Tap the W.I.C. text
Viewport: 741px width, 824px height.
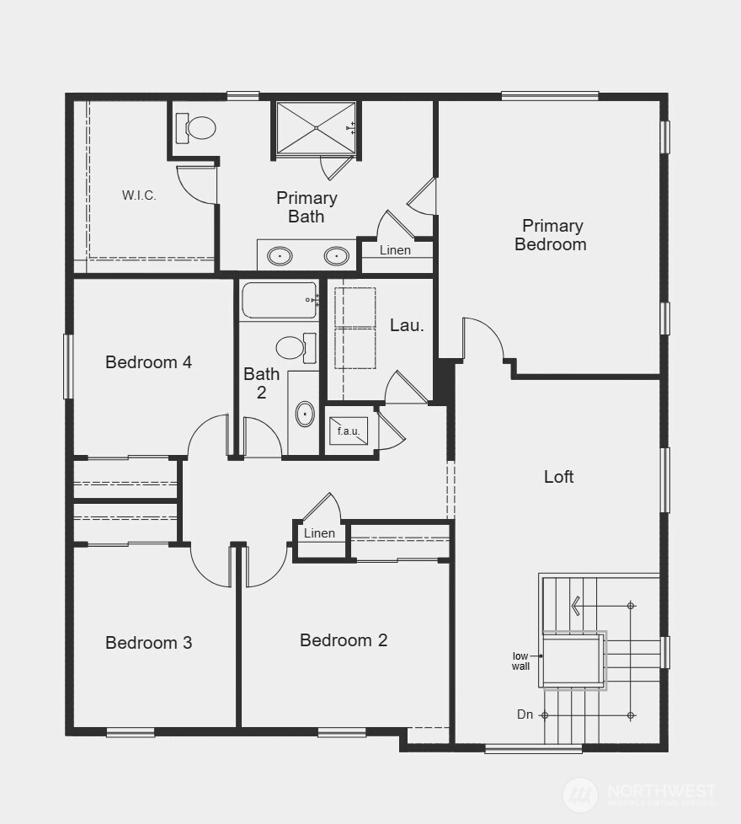139,195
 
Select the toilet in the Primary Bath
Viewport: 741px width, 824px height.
199,128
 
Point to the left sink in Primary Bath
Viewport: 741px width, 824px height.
280,254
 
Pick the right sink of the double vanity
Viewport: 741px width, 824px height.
338,254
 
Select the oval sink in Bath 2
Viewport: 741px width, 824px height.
305,414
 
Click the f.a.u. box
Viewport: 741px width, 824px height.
349,431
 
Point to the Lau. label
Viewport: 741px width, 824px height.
407,325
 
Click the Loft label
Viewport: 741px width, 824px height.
558,477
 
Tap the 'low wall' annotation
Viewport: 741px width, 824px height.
521,661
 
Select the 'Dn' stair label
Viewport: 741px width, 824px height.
525,714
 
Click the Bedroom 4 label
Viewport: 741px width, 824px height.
148,362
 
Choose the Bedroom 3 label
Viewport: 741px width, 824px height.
148,643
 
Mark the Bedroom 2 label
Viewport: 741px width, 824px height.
344,640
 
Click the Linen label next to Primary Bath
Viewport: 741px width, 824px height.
395,250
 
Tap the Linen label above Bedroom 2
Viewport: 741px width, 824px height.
319,533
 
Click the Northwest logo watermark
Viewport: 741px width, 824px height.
639,794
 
